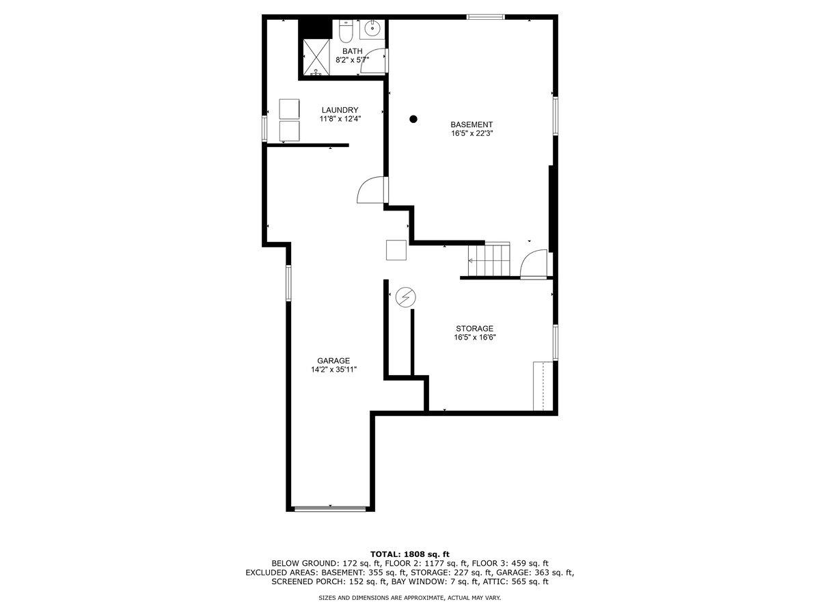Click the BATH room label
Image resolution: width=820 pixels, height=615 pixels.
coord(352,51)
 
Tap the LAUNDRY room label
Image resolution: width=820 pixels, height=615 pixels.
coord(340,110)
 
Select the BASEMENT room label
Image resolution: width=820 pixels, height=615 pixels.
coord(471,124)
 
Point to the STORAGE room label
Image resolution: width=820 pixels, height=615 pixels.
coord(474,329)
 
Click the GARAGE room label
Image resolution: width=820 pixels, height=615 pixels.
coord(333,361)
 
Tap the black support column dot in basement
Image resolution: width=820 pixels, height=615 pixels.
coord(413,120)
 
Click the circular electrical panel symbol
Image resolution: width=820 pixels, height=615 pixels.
coord(406,297)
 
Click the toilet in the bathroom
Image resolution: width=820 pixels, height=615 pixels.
coord(346,31)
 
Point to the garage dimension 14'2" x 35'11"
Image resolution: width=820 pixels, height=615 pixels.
coord(333,370)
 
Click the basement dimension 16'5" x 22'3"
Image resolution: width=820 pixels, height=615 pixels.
coord(471,134)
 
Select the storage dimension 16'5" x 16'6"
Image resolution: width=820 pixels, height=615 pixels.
coord(474,338)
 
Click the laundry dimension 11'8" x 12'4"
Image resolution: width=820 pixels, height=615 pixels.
coord(340,119)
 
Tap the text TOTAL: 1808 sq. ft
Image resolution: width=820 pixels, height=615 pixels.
coord(410,553)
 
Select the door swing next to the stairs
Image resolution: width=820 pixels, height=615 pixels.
coord(534,264)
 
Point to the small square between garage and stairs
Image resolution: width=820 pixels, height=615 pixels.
coord(396,250)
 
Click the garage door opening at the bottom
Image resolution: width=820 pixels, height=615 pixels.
coord(330,508)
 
